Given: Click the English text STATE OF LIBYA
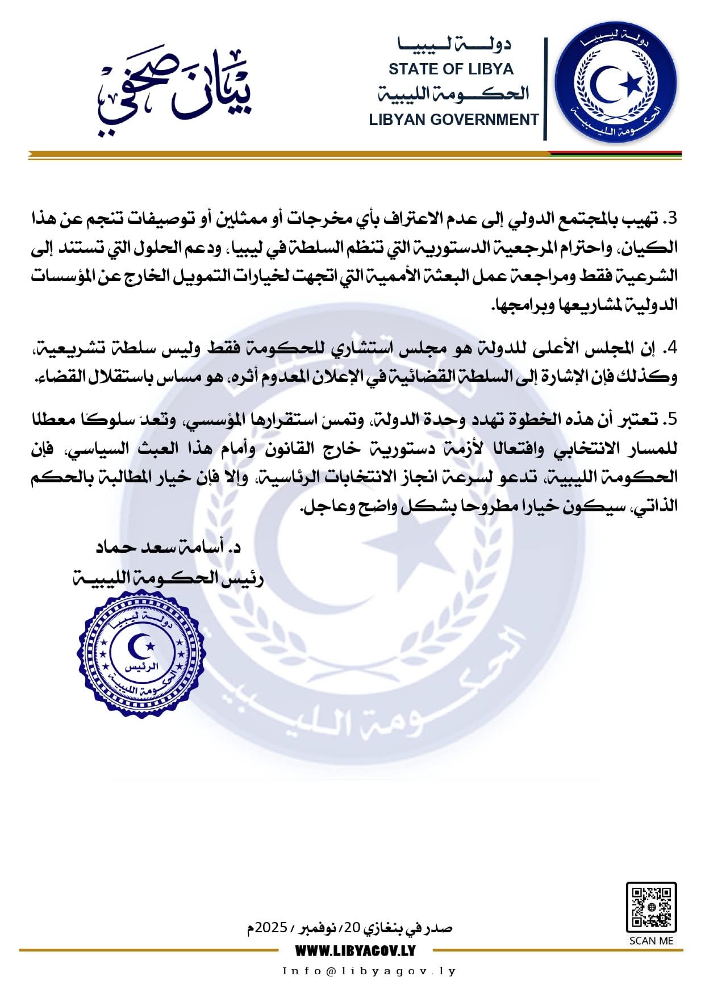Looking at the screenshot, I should (450, 69).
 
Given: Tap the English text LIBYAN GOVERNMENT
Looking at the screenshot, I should (453, 120).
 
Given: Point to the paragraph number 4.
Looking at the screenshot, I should (673, 348).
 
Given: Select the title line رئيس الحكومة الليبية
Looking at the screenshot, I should (168, 578).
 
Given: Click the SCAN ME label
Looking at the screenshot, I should (651, 941).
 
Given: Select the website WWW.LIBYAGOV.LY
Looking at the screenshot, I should (355, 950).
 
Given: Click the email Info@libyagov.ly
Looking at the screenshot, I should (369, 971).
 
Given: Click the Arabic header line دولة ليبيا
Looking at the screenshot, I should (454, 44).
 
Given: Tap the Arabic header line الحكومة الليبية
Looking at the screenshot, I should (453, 94).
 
